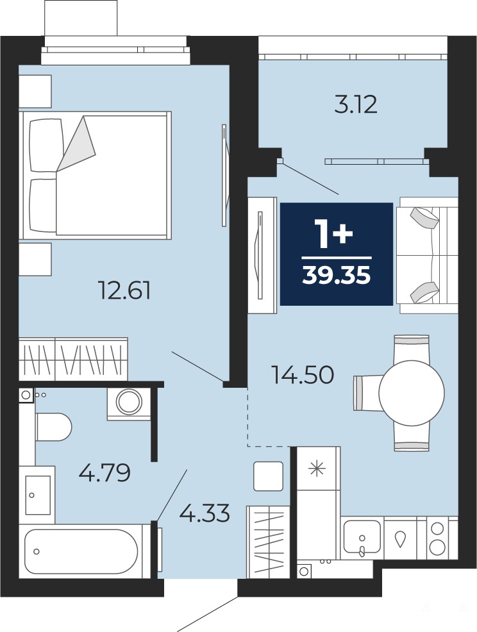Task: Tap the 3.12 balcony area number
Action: coord(356,104)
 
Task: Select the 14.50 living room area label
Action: coord(303,374)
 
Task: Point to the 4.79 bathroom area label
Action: coord(105,473)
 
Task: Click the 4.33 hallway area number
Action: coord(205,513)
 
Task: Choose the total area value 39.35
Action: coord(337,276)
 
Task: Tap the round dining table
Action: coord(412,392)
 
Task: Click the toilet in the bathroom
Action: coord(53,426)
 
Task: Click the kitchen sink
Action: coord(362,536)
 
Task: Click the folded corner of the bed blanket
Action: coord(76,142)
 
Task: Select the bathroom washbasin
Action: coord(37,495)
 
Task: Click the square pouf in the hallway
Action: coord(268,476)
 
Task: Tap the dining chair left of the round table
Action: coord(368,393)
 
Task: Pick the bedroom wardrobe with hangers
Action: coord(73,359)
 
